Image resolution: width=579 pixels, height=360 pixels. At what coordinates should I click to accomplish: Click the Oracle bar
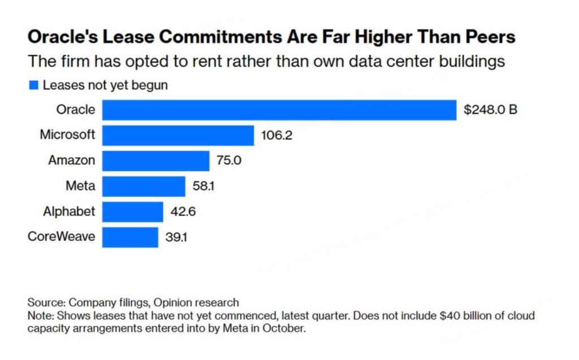279,110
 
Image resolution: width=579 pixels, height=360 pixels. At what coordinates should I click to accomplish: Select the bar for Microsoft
178,136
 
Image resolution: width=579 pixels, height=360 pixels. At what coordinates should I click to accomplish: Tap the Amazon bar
155,161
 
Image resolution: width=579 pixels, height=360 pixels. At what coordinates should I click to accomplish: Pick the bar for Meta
144,186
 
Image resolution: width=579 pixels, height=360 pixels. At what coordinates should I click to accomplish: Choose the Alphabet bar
132,212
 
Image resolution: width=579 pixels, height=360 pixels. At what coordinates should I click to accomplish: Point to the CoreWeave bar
130,237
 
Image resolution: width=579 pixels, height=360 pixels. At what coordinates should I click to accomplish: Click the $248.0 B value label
490,110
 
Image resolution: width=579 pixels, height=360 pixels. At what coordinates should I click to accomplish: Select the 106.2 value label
276,136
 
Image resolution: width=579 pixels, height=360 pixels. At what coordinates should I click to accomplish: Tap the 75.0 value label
229,161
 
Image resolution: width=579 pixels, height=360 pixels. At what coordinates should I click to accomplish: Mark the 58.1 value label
204,186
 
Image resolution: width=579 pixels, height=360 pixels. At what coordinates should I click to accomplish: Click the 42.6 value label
183,212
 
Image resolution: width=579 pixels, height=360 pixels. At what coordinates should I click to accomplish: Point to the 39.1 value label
176,237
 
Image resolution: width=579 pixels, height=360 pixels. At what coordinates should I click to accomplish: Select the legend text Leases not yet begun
105,85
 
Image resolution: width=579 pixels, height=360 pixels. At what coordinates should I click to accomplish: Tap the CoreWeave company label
61,237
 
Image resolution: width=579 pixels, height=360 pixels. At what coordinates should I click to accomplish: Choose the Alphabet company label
69,212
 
